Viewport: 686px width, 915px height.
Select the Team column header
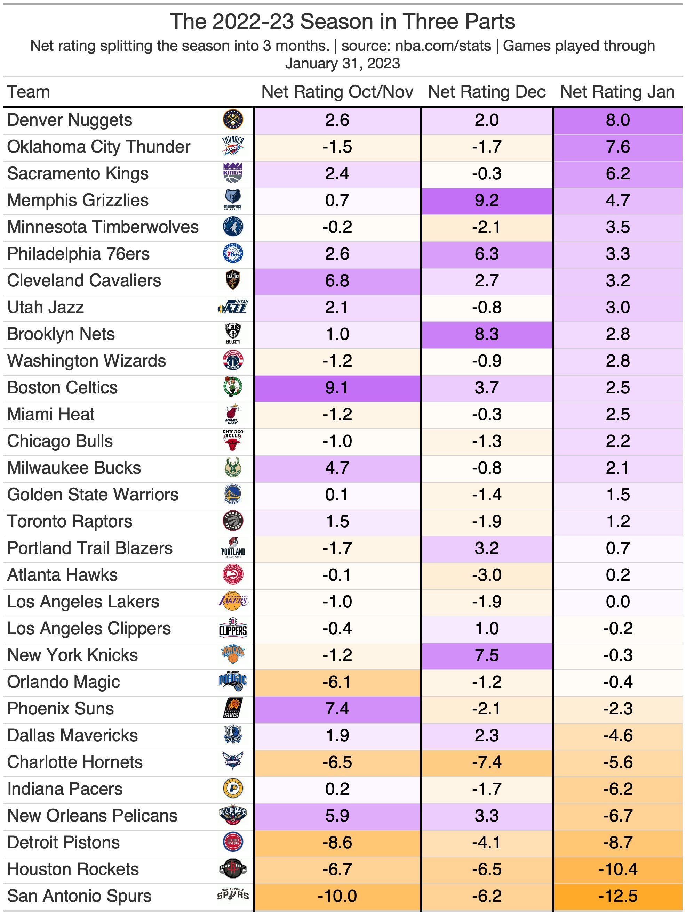(x=29, y=92)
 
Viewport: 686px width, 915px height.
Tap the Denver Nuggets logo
(x=233, y=120)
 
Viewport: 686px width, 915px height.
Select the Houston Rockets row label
(x=73, y=869)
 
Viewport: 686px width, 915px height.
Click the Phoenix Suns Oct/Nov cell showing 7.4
(x=337, y=709)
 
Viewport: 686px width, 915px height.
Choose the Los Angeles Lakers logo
(x=233, y=602)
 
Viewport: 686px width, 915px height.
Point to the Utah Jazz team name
(x=46, y=307)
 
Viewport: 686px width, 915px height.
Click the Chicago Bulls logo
(x=233, y=441)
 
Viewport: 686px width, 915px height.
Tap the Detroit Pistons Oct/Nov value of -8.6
(x=337, y=843)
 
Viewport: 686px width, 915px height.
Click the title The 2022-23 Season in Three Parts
(x=342, y=22)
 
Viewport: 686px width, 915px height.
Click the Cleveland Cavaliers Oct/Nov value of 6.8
(x=337, y=281)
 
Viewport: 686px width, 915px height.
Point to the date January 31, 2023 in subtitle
(x=342, y=63)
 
